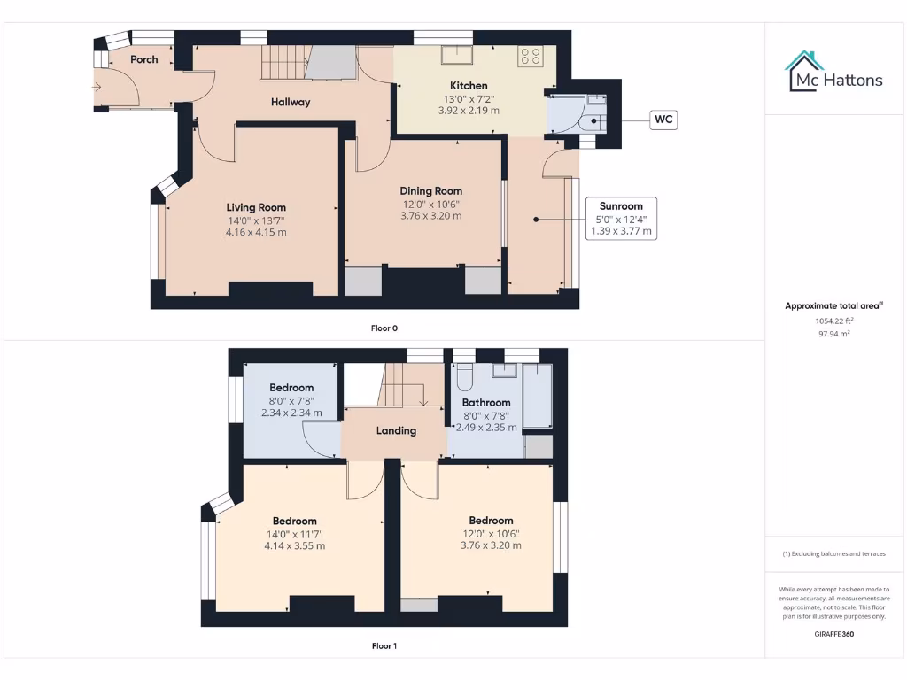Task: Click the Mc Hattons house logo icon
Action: tap(804, 71)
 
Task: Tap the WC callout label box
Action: tap(663, 120)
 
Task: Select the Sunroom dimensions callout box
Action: tap(621, 219)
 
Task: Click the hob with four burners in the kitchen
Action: tap(530, 57)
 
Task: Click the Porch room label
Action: tap(144, 59)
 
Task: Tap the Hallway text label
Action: tap(291, 102)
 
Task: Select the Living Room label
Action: tap(256, 207)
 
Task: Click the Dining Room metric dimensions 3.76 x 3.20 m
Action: tap(431, 215)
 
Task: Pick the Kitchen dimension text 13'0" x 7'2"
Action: tap(469, 98)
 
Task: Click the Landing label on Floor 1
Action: tap(396, 431)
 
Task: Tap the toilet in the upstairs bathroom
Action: tap(464, 380)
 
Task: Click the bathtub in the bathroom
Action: tap(537, 395)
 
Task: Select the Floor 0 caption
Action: tap(384, 328)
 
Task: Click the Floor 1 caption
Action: tap(384, 646)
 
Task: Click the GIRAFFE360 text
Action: tap(833, 634)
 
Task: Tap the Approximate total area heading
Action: tap(833, 305)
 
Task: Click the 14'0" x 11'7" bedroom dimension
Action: tap(294, 534)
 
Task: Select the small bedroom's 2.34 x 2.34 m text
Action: tap(291, 413)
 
